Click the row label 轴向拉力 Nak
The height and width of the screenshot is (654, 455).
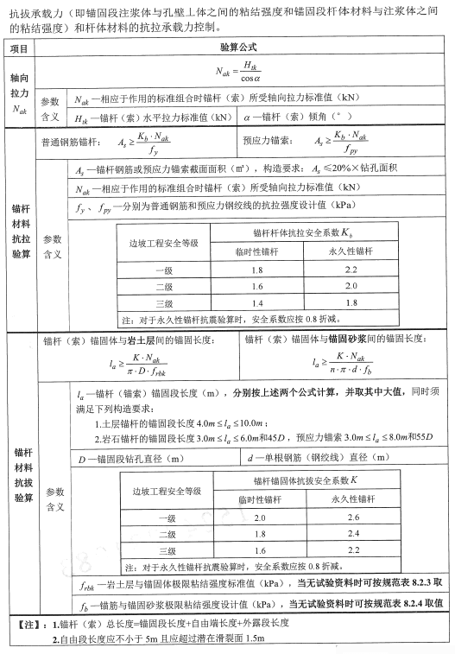click(x=19, y=92)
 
